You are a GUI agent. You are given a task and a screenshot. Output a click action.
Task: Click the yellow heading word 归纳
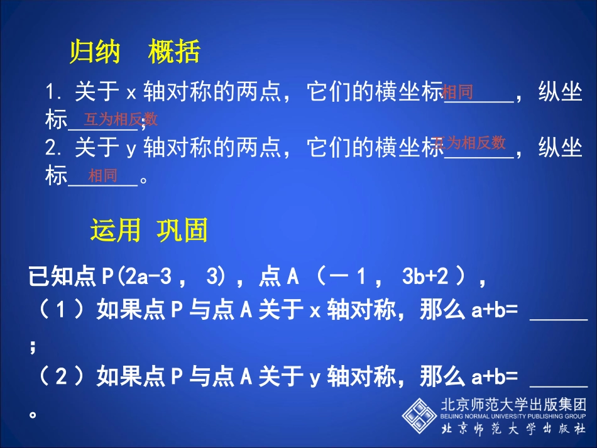94,52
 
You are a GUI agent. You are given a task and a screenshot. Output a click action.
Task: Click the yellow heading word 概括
174,52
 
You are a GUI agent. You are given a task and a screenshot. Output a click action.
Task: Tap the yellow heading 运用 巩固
148,231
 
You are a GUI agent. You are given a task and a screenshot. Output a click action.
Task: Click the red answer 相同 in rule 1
457,93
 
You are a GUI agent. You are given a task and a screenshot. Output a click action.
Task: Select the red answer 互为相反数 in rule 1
121,119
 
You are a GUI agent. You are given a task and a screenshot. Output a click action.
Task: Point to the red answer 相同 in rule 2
102,175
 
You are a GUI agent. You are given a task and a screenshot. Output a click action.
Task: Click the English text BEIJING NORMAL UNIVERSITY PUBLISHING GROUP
513,415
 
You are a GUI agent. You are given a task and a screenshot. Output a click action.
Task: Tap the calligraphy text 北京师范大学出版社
513,429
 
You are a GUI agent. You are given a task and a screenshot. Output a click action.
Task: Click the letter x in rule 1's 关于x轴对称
131,94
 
